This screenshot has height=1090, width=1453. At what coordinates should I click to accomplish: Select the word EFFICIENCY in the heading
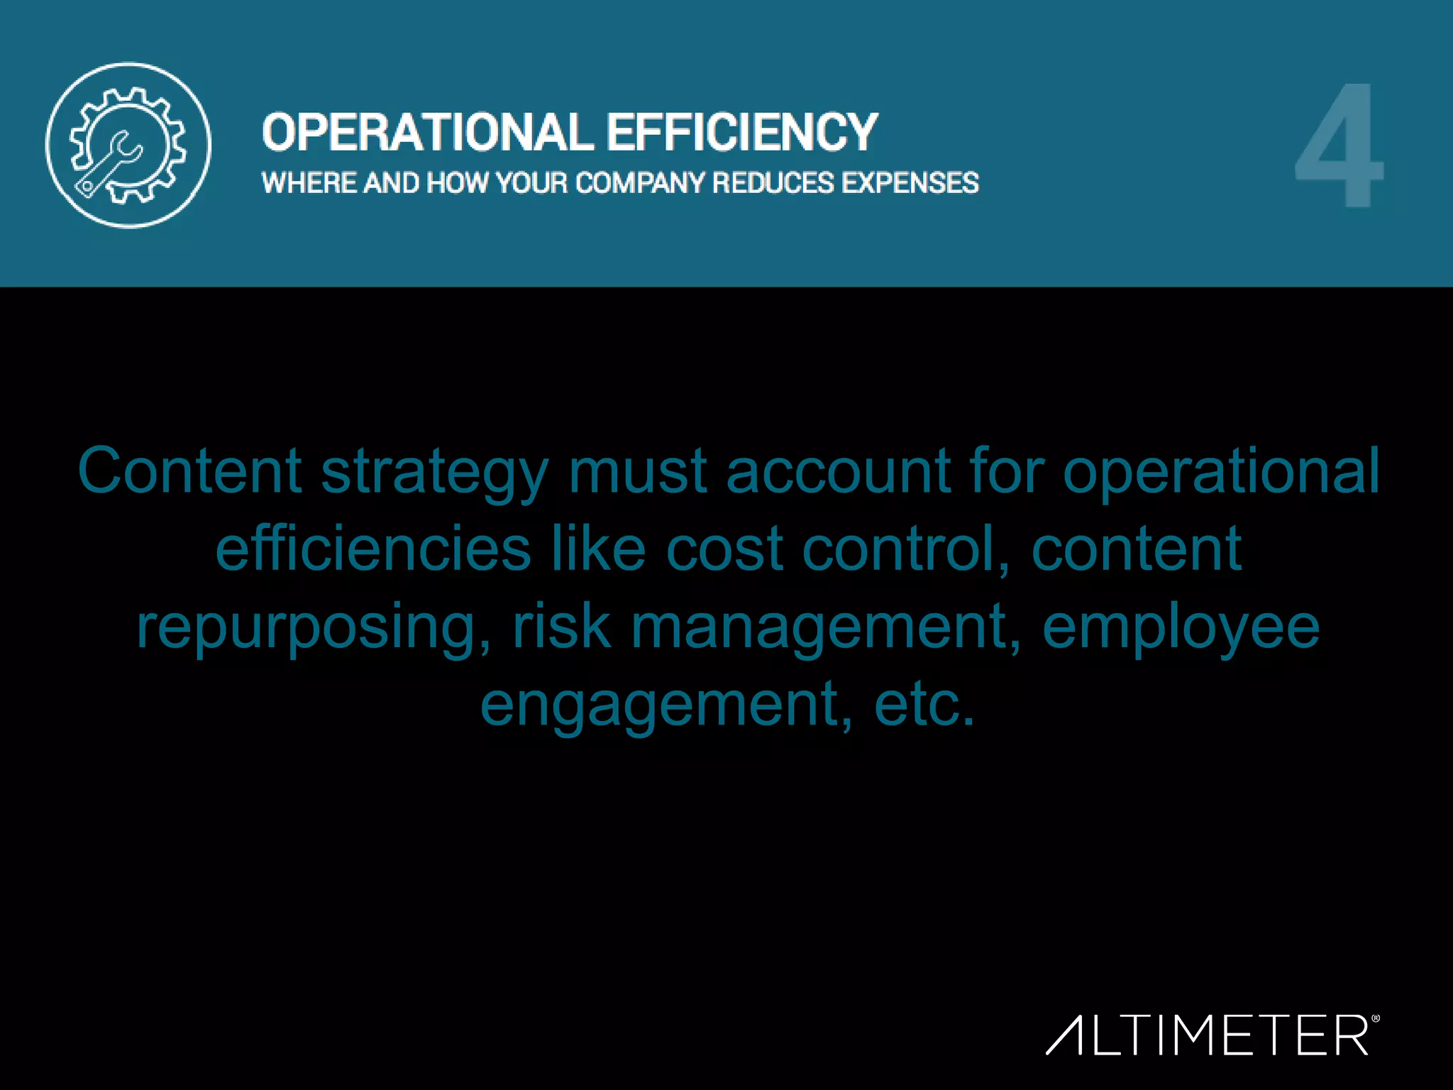click(x=742, y=133)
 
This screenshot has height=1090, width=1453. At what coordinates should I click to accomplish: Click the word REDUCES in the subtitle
click(x=773, y=183)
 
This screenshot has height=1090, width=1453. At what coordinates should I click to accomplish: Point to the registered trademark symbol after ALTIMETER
click(x=1376, y=1019)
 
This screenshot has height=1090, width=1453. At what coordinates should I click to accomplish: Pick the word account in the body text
click(x=838, y=471)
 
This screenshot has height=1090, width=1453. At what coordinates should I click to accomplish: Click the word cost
click(x=724, y=550)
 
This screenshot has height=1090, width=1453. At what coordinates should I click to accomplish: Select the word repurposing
click(x=313, y=629)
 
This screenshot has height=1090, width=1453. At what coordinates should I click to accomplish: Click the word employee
click(x=1181, y=629)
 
